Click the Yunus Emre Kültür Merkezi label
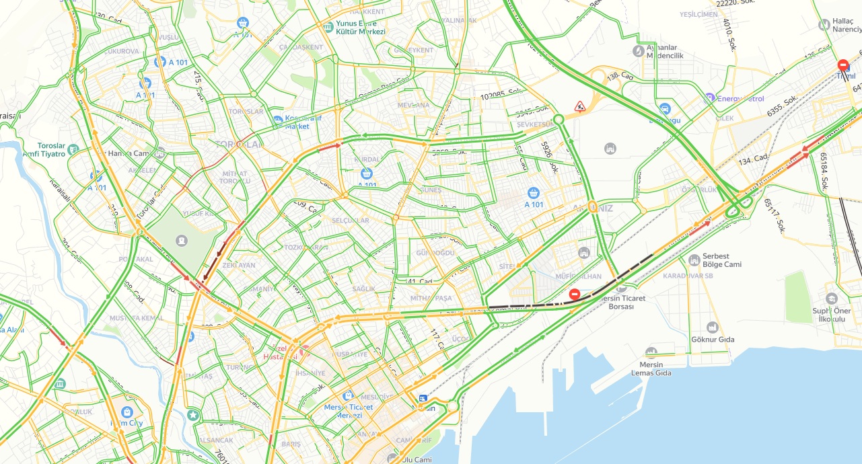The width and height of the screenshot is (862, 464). [x=360, y=27]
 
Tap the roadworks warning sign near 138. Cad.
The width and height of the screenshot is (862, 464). [x=579, y=106]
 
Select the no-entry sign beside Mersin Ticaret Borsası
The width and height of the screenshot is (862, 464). [x=574, y=294]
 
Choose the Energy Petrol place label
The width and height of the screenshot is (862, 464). [x=740, y=99]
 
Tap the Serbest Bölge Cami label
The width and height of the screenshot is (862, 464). [x=721, y=260]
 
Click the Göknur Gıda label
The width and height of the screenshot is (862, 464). [x=713, y=339]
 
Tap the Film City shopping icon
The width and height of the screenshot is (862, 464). [x=127, y=412]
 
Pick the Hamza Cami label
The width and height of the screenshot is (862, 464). [x=128, y=153]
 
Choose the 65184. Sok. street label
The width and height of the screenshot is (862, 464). [x=824, y=171]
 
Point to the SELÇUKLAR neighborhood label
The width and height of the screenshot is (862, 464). [x=351, y=221]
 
